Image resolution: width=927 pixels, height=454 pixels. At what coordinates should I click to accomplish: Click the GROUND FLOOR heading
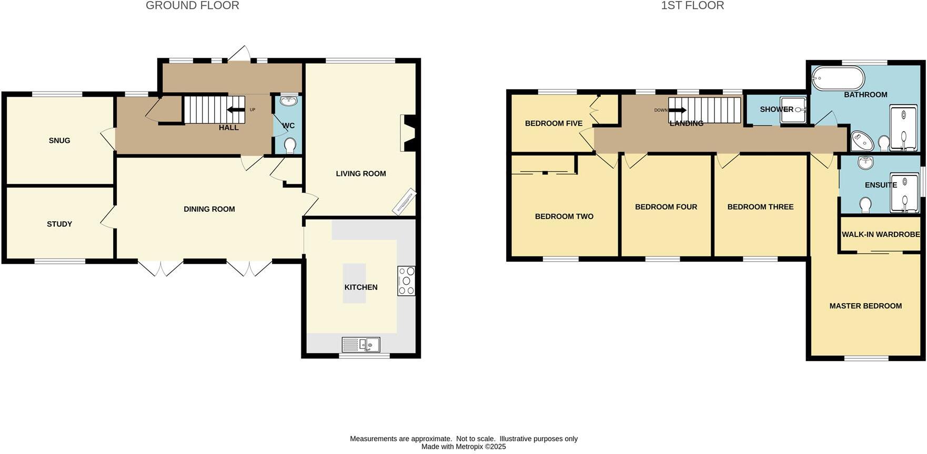192,6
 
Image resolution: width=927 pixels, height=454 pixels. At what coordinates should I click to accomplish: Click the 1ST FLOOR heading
692,6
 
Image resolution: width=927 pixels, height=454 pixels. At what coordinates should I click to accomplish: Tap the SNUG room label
59,140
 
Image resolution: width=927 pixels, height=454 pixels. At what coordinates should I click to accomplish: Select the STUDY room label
59,224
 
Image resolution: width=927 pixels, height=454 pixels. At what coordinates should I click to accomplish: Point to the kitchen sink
361,345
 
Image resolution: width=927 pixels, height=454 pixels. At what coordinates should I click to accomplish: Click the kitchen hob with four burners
406,281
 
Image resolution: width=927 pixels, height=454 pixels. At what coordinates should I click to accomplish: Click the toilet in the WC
289,145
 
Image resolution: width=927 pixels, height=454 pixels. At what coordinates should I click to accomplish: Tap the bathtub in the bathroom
838,79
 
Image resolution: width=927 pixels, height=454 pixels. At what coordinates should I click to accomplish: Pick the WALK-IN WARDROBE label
881,234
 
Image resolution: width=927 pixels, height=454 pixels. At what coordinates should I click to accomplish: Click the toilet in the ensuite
865,205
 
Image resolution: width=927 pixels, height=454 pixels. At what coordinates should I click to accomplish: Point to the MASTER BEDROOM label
865,306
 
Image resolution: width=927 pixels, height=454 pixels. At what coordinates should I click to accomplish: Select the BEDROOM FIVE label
553,123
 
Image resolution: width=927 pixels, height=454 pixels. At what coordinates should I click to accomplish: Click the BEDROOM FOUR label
666,207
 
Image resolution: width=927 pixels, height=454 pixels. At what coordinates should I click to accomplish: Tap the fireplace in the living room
409,133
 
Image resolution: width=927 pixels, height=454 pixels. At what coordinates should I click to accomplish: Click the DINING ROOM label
209,209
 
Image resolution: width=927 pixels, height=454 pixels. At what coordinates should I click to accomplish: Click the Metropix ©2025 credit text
463,447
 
